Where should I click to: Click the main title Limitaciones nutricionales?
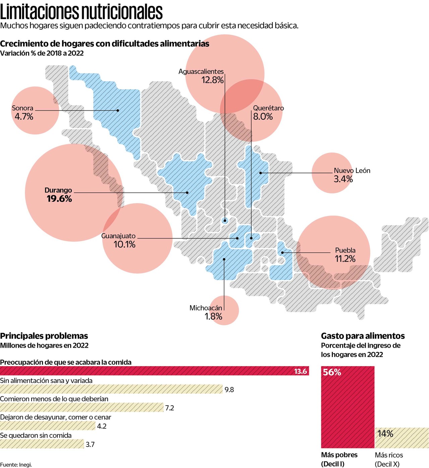[81, 12]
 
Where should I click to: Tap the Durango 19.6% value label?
[59, 199]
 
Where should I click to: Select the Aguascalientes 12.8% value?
[212, 80]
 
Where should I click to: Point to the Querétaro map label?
[268, 108]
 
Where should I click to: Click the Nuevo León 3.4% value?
[343, 179]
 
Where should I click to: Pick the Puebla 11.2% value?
[345, 259]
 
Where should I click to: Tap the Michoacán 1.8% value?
[213, 316]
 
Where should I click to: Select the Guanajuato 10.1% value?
[124, 244]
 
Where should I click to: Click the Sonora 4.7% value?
[24, 117]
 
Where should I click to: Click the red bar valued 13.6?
[154, 371]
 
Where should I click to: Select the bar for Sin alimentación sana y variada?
[111, 389]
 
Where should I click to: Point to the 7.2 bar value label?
[170, 408]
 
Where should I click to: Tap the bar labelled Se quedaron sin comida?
[42, 444]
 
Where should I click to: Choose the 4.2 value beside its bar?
[102, 426]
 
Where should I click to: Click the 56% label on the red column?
[332, 372]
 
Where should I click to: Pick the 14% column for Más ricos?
[402, 438]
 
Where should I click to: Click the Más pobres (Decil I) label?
[339, 459]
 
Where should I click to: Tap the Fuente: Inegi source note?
[16, 465]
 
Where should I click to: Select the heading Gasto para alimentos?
[363, 336]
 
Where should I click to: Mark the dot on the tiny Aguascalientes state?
[225, 221]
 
